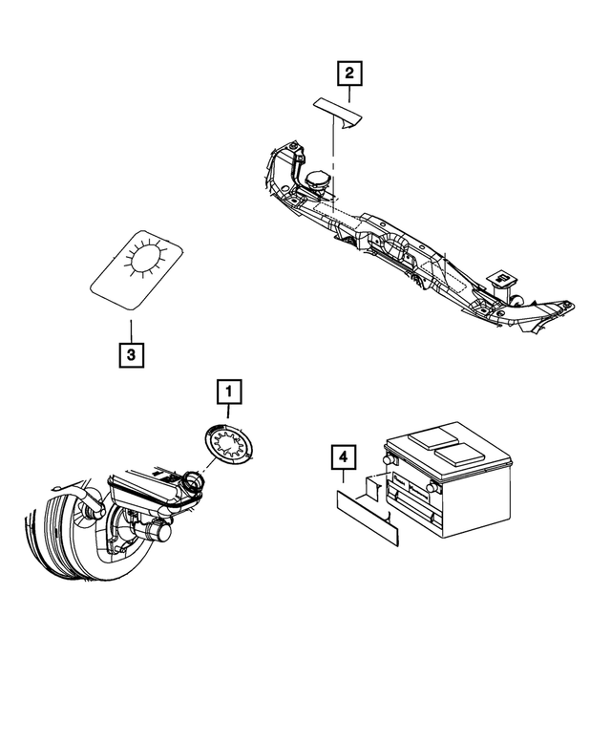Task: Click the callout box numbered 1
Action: [229, 392]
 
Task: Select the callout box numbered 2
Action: [348, 73]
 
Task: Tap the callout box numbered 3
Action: [132, 355]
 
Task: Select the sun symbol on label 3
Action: [147, 258]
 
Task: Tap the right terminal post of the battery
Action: [434, 486]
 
